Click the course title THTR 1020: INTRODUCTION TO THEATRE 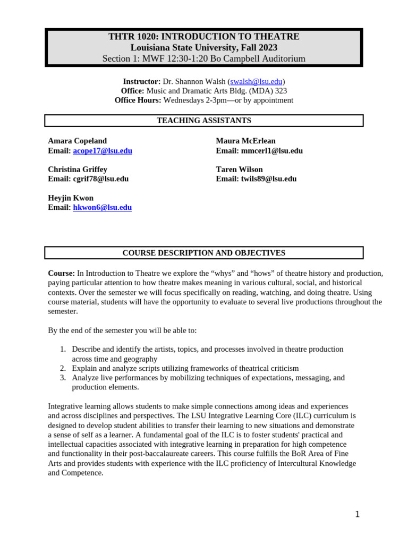203,37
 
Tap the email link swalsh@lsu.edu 256,81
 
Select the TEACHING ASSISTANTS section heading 203,121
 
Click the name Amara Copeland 77,141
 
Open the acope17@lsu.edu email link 103,151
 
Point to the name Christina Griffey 78,169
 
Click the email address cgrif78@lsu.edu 100,179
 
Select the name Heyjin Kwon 71,198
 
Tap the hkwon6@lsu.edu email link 102,208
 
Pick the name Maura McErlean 245,141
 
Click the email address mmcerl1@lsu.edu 271,151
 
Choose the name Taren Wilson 239,169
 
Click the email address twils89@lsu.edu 268,179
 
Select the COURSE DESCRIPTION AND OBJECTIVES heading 203,253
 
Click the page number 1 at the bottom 357,514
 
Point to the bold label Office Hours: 138,100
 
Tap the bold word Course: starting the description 61,273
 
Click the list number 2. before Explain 63,368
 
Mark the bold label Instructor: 141,81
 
